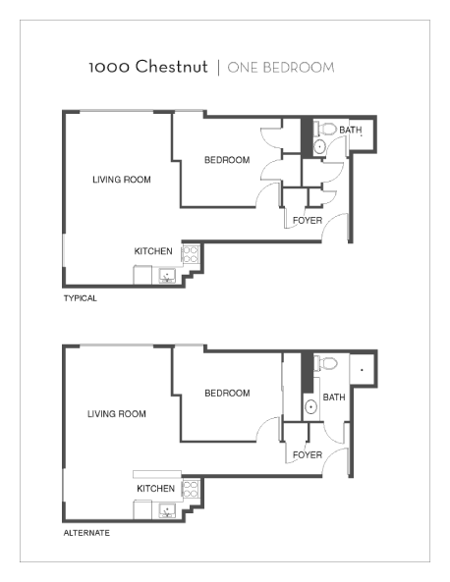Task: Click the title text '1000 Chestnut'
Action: [x=147, y=68]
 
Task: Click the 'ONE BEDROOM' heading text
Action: [x=281, y=68]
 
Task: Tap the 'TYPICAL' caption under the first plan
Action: [x=81, y=298]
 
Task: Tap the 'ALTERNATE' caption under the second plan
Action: [x=86, y=533]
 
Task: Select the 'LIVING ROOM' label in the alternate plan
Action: [x=115, y=414]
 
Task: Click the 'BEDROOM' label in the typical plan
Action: [x=227, y=160]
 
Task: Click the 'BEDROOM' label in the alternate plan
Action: [x=227, y=394]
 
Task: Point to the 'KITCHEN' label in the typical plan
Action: [x=154, y=251]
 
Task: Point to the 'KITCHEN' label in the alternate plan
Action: [x=156, y=488]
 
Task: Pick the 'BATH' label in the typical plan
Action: [x=351, y=131]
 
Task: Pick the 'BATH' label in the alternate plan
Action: [x=334, y=397]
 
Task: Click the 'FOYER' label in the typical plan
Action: [x=308, y=221]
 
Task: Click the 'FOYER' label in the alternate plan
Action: [x=308, y=455]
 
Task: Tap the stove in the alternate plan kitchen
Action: [x=191, y=488]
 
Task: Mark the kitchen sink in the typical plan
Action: [x=167, y=275]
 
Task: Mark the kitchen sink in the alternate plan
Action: [x=167, y=509]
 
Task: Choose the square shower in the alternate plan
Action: [x=363, y=370]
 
